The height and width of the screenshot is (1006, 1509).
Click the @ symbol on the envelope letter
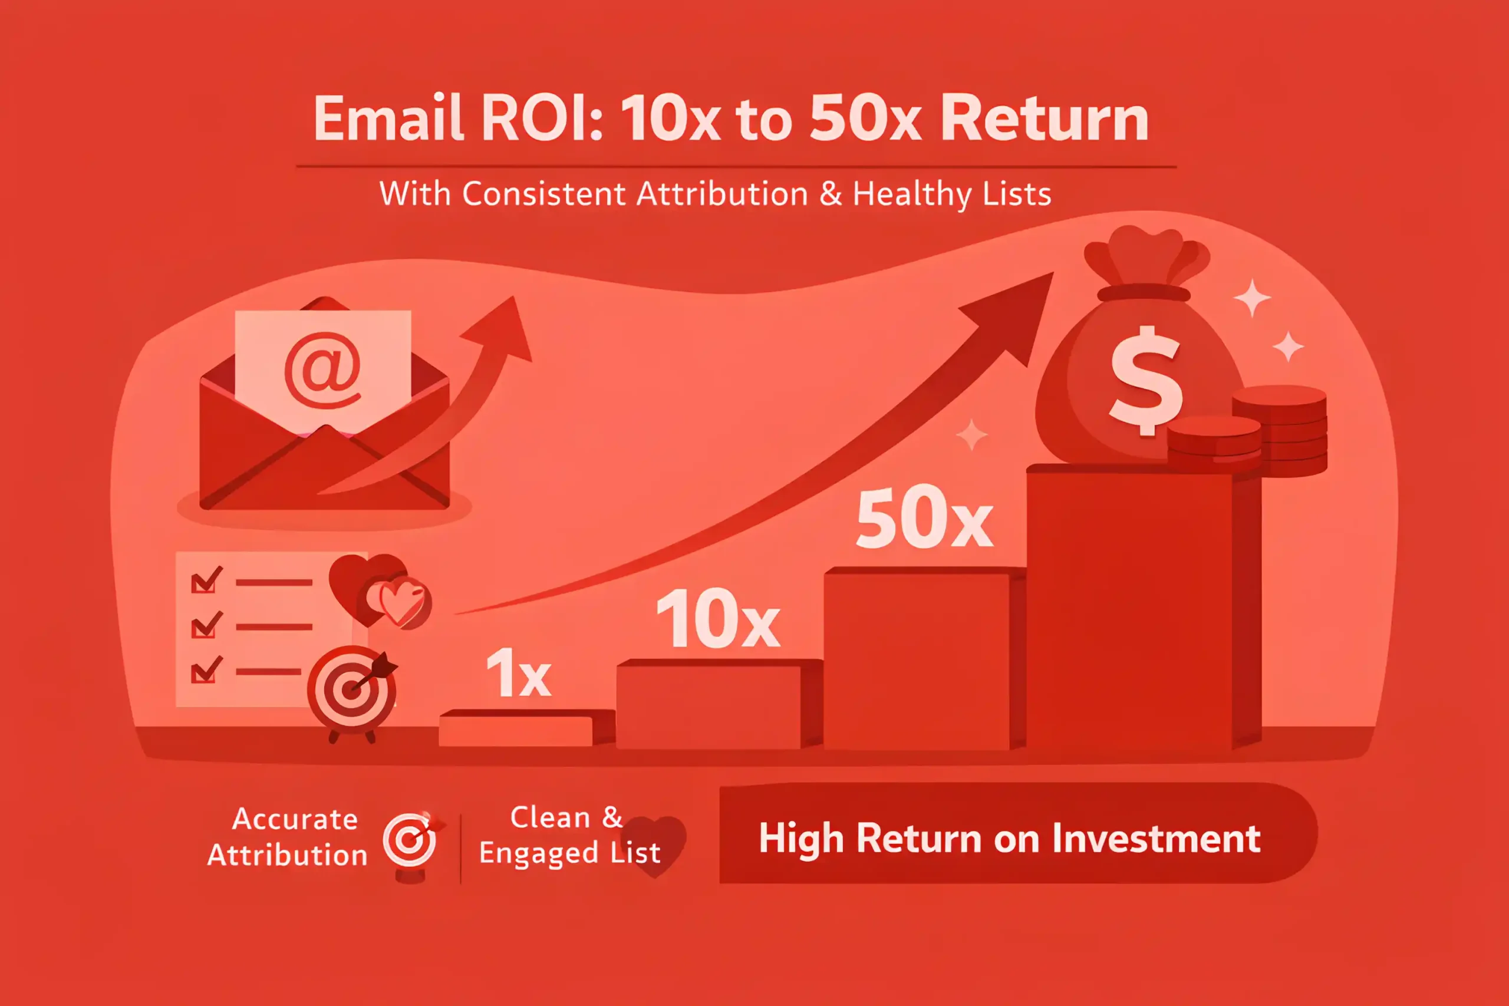click(322, 371)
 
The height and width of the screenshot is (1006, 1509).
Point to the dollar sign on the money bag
click(1146, 381)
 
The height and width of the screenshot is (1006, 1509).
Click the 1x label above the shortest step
click(518, 672)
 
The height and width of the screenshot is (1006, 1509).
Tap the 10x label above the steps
click(718, 618)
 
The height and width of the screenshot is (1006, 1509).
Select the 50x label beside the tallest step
click(924, 517)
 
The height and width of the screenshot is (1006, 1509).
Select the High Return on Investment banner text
click(1009, 839)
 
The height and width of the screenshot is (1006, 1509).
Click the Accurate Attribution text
click(288, 837)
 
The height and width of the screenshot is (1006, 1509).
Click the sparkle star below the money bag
click(972, 434)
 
